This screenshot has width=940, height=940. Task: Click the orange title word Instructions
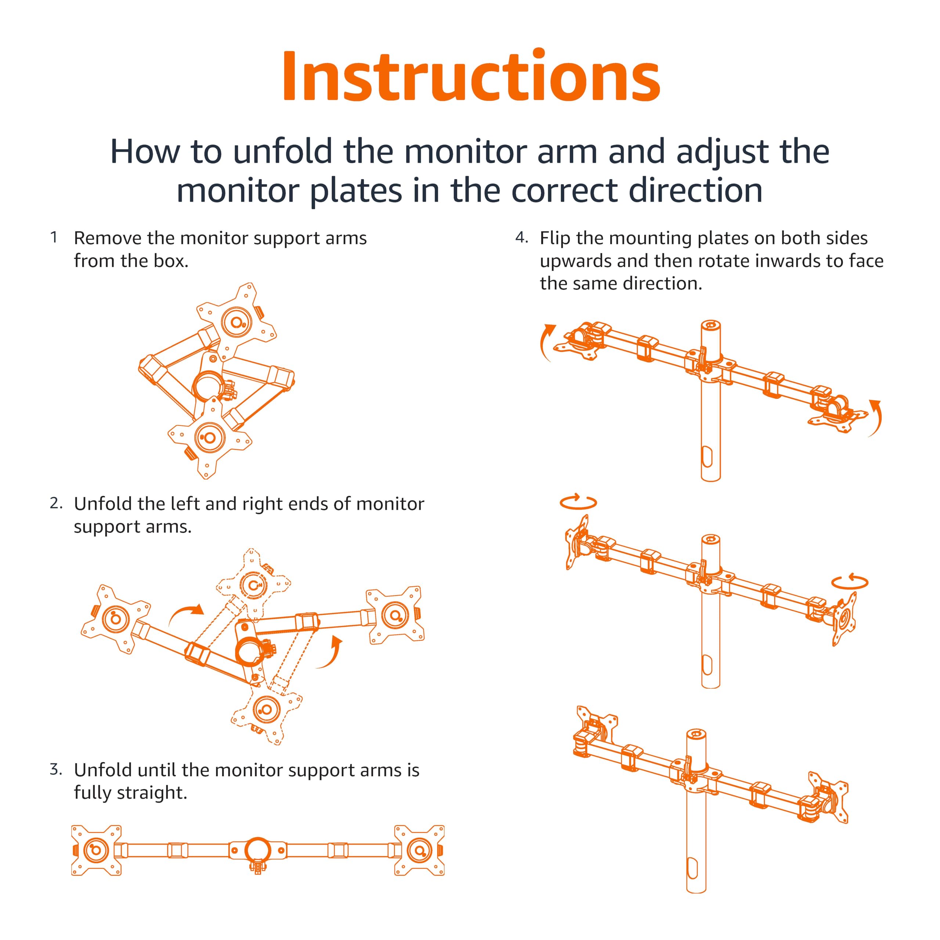[x=470, y=76]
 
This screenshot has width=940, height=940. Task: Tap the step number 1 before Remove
[x=54, y=238]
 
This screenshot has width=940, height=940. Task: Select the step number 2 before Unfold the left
[x=55, y=503]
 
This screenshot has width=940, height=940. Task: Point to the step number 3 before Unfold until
[x=55, y=769]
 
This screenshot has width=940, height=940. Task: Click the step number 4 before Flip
[x=521, y=238]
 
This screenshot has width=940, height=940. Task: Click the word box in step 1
[x=170, y=261]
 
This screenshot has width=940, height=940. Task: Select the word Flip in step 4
[x=555, y=238]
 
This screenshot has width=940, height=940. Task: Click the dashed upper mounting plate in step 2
[x=253, y=584]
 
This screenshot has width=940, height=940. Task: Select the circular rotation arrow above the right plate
[x=850, y=581]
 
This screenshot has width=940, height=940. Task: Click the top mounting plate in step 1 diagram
[x=236, y=321]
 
